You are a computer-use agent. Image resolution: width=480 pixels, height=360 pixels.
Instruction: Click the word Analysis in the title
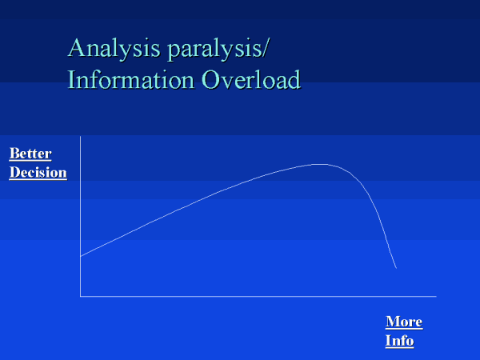(114, 49)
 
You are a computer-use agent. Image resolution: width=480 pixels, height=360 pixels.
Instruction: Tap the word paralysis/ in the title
(218, 49)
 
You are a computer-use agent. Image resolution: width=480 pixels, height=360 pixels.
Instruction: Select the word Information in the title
(130, 79)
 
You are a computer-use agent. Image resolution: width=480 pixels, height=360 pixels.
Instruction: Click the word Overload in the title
(251, 79)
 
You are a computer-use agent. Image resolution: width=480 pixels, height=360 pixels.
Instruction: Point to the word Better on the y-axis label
(30, 154)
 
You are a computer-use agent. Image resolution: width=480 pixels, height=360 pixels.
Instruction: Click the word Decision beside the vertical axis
(38, 172)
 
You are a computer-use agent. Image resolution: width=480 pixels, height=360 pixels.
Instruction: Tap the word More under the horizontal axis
(404, 322)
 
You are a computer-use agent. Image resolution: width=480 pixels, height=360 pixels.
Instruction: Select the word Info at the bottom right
(399, 341)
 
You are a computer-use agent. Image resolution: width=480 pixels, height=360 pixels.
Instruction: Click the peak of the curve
(320, 164)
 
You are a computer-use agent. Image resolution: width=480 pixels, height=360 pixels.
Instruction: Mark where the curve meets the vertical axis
(81, 256)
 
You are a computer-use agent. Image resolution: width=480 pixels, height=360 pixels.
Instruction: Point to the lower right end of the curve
(397, 268)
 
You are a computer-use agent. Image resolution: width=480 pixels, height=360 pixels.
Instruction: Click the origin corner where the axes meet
(81, 296)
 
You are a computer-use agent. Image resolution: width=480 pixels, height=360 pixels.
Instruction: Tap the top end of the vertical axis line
(81, 137)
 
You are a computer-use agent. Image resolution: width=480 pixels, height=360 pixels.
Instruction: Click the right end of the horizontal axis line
(436, 296)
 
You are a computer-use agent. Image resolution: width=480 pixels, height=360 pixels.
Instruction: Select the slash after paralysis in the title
(265, 49)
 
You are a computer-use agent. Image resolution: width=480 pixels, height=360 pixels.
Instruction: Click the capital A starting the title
(76, 48)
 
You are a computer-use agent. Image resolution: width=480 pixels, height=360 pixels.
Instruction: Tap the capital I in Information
(71, 79)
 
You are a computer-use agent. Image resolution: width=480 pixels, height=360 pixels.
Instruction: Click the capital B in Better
(14, 154)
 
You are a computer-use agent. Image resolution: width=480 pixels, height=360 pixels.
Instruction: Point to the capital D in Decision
(15, 172)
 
